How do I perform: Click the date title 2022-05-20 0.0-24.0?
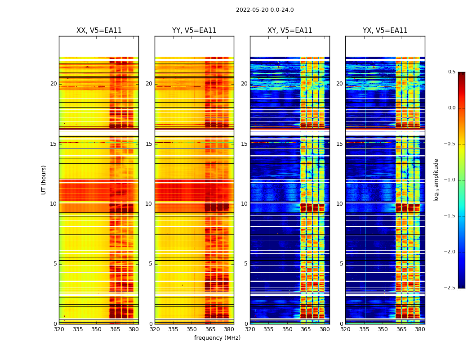[265, 10]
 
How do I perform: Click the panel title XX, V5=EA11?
[99, 31]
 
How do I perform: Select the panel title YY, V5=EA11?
[194, 31]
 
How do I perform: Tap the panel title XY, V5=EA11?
[289, 31]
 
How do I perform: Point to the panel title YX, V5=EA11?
[385, 31]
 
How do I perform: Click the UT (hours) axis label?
[44, 180]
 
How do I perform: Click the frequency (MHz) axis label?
[217, 338]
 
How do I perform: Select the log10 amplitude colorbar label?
[436, 180]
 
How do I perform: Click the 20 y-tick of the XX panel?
[53, 84]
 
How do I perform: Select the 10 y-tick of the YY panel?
[149, 204]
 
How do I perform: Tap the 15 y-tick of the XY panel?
[244, 144]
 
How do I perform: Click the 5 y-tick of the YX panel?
[341, 264]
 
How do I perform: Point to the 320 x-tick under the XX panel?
[59, 329]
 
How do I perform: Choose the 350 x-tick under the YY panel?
[191, 329]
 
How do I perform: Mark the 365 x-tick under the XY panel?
[306, 329]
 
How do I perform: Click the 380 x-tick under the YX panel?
[420, 329]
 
